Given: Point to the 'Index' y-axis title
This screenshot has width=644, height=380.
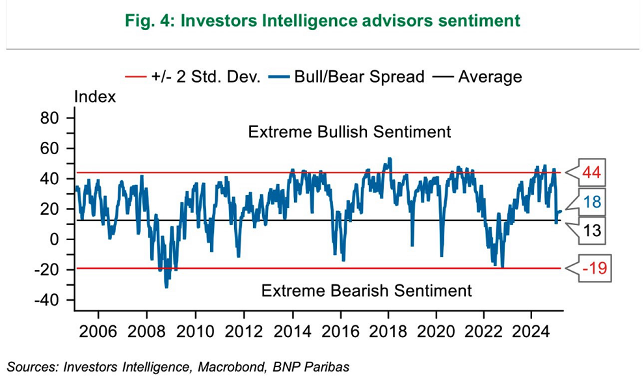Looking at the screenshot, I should pyautogui.click(x=95, y=97).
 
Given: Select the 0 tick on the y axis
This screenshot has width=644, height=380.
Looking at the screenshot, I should pyautogui.click(x=55, y=239).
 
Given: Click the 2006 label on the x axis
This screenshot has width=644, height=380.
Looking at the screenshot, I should pyautogui.click(x=98, y=331).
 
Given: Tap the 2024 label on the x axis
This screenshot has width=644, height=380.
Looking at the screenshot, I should pyautogui.click(x=531, y=331).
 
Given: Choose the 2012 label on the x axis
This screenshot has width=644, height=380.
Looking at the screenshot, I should pyautogui.click(x=243, y=331).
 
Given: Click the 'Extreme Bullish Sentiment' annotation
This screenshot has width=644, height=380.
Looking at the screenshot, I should pyautogui.click(x=349, y=132).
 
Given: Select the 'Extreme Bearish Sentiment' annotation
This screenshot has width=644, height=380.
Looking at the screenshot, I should pyautogui.click(x=366, y=290).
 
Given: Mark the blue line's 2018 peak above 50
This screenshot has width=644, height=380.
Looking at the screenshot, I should pyautogui.click(x=389, y=158).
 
